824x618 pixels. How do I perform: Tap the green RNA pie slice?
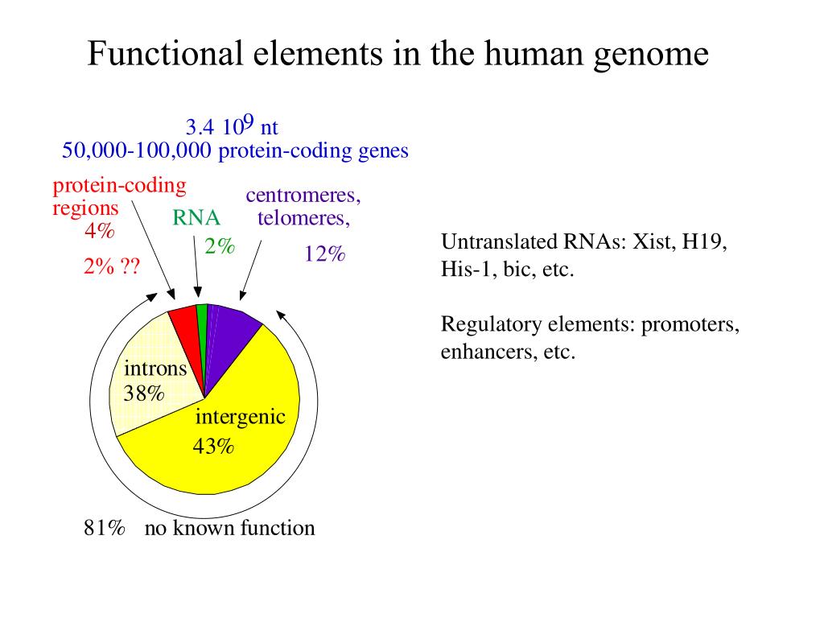click(x=202, y=317)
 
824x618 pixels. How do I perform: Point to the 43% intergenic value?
click(x=213, y=446)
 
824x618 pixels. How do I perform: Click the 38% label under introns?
click(x=144, y=393)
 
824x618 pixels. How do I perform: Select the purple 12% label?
click(x=324, y=254)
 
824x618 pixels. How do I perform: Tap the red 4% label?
click(x=99, y=231)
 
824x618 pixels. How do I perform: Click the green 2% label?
click(x=219, y=247)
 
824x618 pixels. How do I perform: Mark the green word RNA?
click(x=196, y=218)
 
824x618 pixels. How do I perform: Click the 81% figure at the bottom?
click(x=105, y=528)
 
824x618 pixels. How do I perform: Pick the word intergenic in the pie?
click(x=241, y=417)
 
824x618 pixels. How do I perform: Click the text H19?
click(x=703, y=242)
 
